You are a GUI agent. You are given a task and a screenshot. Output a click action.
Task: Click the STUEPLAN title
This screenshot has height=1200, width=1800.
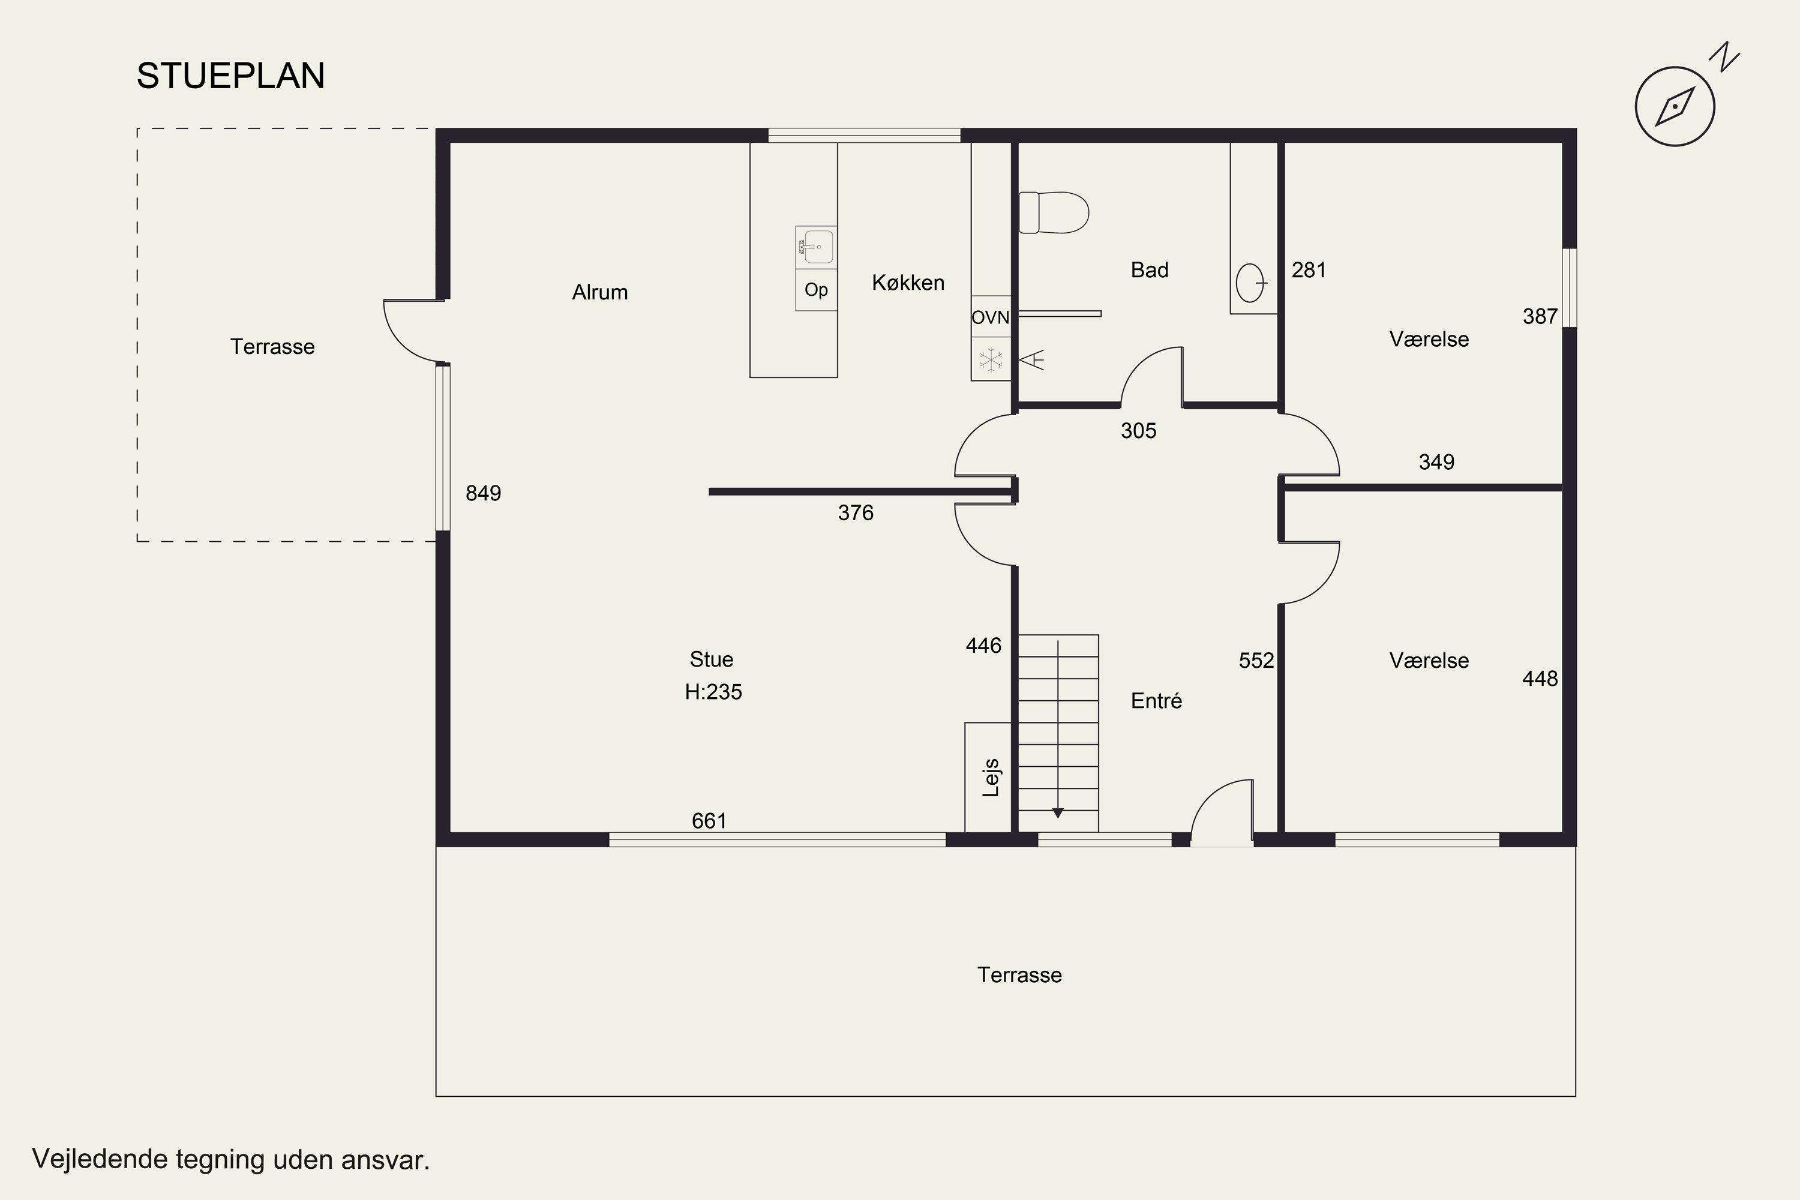(x=230, y=76)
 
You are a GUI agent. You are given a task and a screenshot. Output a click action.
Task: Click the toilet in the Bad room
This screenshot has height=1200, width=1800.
(x=1054, y=212)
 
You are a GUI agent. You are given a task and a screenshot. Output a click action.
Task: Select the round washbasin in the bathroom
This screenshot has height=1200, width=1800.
(x=1250, y=283)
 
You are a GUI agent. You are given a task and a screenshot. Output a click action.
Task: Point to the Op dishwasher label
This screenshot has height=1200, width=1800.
(x=816, y=290)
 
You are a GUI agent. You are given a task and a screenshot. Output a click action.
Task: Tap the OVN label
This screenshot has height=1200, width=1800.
(x=991, y=317)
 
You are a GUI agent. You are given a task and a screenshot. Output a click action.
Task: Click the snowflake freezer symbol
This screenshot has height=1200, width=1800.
(x=991, y=359)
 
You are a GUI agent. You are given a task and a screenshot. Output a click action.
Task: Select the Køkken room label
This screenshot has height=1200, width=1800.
(x=908, y=283)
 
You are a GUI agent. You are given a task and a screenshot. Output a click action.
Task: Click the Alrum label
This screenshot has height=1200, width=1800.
(x=599, y=292)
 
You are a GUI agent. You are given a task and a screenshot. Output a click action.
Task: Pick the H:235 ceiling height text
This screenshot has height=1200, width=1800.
(x=713, y=692)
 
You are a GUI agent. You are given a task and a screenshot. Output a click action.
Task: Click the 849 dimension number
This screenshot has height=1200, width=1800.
(x=483, y=493)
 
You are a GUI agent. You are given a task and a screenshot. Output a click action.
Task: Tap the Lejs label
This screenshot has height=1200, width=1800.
(x=991, y=778)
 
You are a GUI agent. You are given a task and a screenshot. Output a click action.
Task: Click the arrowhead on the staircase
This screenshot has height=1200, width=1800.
(x=1058, y=814)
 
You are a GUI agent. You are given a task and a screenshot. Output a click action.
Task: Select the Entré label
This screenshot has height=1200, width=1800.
(x=1156, y=700)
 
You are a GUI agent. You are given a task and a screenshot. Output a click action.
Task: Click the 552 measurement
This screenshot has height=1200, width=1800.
(x=1256, y=661)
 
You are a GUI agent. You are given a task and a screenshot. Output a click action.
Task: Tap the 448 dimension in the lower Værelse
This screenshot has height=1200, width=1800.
(x=1540, y=679)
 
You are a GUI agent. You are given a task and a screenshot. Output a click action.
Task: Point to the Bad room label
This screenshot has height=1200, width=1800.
(x=1150, y=269)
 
